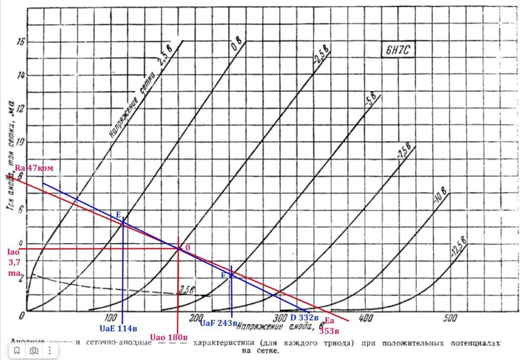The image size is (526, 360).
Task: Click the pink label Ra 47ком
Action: click(34, 167)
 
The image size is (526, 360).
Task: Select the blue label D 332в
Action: click(305, 318)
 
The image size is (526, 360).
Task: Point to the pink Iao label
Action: click(12, 252)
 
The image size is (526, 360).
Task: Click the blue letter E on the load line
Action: click(118, 215)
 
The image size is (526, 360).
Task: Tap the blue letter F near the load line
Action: click(223, 275)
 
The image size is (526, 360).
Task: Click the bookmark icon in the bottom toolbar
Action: click(17, 350)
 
